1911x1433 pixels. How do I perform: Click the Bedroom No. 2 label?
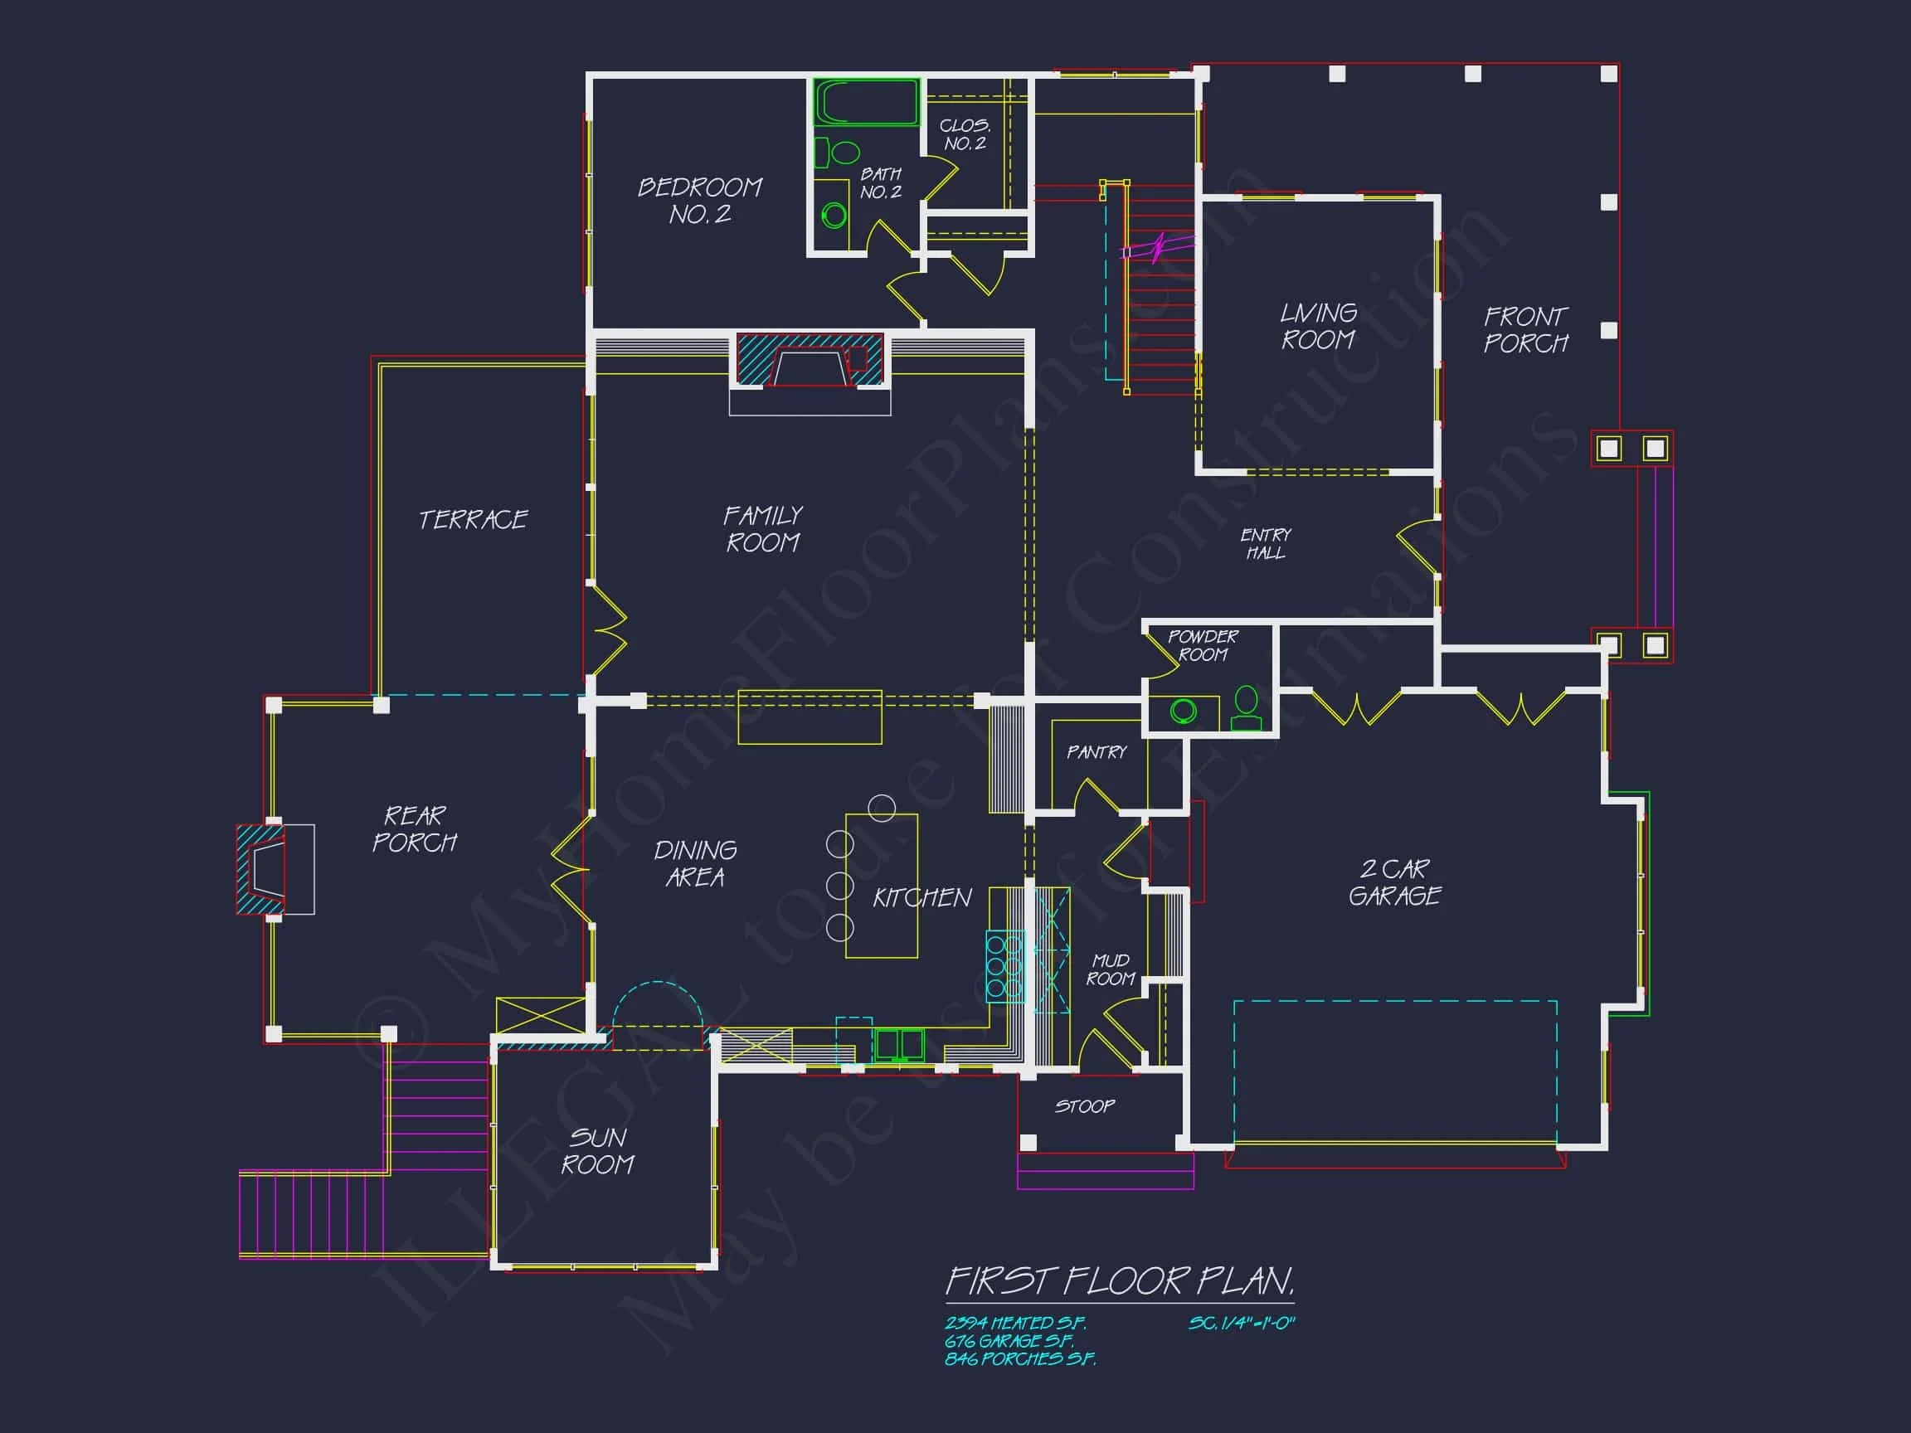click(x=700, y=201)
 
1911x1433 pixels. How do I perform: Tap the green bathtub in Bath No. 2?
click(x=866, y=103)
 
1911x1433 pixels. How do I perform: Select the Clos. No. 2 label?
click(x=965, y=134)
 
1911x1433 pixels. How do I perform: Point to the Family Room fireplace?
click(x=810, y=361)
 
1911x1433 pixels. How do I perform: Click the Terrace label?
click(x=473, y=519)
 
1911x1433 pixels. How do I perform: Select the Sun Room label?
click(x=598, y=1150)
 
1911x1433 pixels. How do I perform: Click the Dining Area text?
click(x=695, y=863)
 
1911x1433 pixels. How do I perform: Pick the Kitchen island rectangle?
click(x=881, y=886)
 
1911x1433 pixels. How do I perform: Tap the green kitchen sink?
click(x=898, y=1044)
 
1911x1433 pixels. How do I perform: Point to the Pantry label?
click(x=1097, y=752)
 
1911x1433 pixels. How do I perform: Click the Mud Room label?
click(x=1110, y=969)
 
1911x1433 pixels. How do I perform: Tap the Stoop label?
click(x=1084, y=1106)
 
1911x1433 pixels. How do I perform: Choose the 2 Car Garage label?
click(x=1394, y=882)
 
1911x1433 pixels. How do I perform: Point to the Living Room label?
click(x=1318, y=326)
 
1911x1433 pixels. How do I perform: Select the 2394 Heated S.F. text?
click(x=1015, y=1323)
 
